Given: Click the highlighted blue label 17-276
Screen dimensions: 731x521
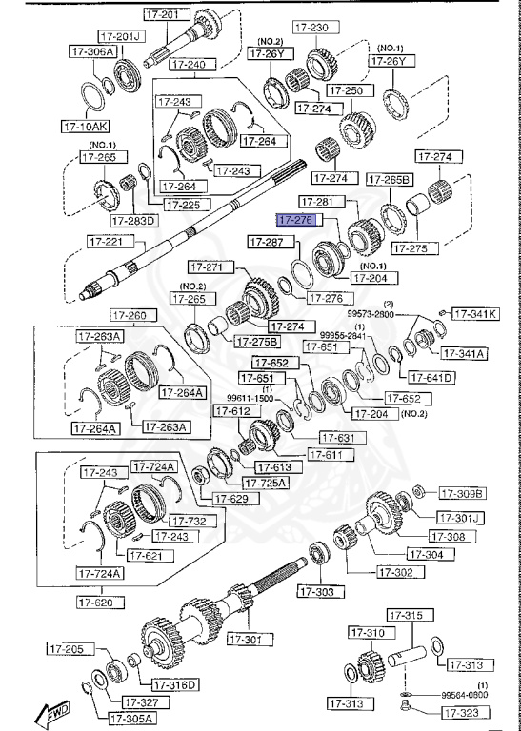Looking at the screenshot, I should [x=294, y=220].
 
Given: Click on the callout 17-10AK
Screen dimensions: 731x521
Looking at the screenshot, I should [x=86, y=125].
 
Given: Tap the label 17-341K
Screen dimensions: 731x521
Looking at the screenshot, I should [x=472, y=313].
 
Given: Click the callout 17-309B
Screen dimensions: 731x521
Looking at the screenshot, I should [x=462, y=493].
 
